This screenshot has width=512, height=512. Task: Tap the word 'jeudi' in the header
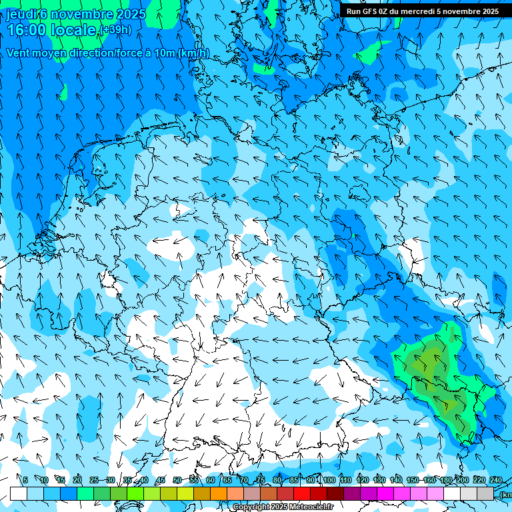(x=21, y=13)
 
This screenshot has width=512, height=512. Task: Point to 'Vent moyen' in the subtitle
(x=34, y=53)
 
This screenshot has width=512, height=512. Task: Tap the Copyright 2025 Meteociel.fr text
(x=283, y=507)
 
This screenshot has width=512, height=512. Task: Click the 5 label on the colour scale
(x=25, y=481)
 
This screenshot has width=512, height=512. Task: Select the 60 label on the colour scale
(x=211, y=481)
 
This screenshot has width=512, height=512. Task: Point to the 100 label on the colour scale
(x=329, y=481)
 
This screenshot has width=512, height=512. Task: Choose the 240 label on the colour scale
(x=495, y=481)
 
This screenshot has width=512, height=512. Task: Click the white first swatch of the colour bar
(x=19, y=493)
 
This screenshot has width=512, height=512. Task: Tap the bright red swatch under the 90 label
(x=302, y=493)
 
